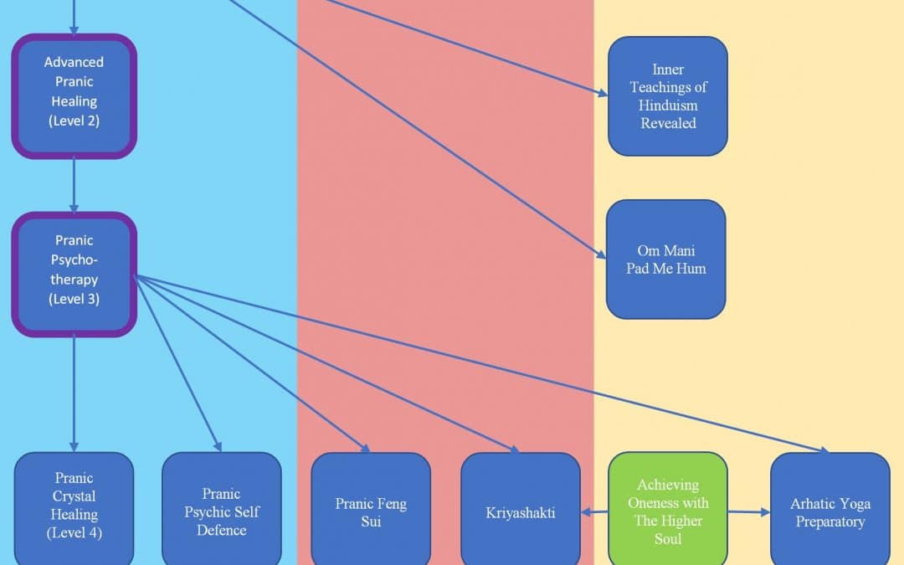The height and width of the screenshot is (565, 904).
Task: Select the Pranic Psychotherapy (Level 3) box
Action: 74,275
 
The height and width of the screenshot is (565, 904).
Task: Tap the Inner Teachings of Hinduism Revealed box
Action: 667,96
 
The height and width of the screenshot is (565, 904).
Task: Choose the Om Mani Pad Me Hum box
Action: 665,259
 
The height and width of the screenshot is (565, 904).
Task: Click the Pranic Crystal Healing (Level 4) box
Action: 74,507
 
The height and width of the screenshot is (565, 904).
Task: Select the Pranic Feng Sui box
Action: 370,511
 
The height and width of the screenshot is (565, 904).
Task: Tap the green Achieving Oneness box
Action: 667,511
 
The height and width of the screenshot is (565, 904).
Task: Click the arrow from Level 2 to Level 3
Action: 74,185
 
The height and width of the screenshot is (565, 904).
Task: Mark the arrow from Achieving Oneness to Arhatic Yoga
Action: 748,511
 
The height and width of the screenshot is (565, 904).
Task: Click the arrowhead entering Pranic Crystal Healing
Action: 74,446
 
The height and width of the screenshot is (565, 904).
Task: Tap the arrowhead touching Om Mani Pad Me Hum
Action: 600,254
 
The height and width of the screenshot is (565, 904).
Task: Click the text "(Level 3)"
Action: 74,299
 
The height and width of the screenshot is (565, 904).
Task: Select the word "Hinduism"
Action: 667,105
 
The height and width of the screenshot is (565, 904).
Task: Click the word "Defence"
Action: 221,530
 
